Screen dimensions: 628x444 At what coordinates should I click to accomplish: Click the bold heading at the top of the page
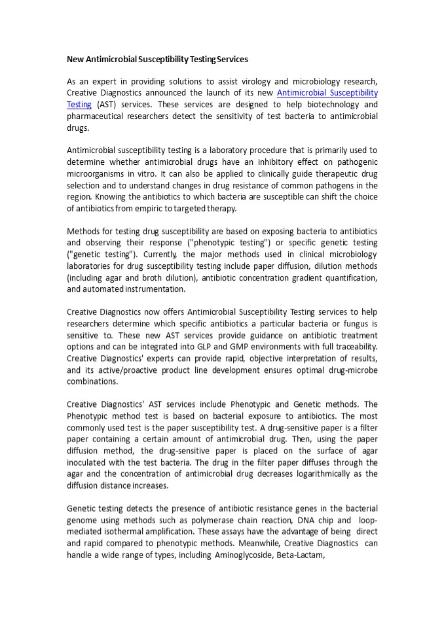157,59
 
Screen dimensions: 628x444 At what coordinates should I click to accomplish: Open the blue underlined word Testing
79,105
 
